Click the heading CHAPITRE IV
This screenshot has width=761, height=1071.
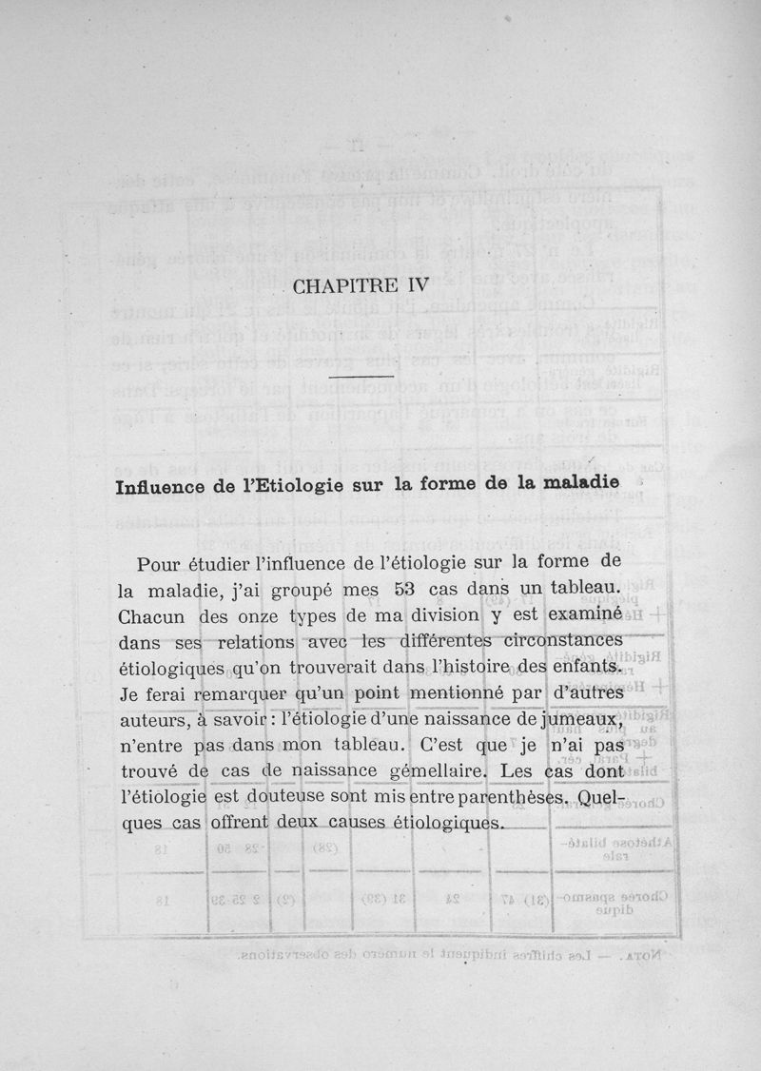(361, 284)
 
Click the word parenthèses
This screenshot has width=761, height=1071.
(495, 796)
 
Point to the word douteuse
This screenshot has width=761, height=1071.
(291, 797)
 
